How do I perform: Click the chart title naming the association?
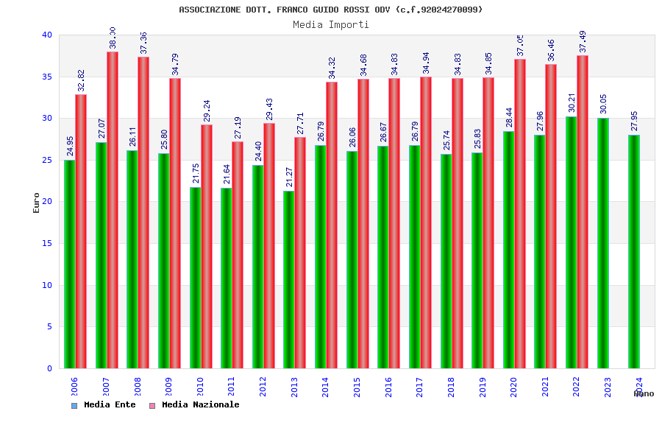331,10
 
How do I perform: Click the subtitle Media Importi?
331,24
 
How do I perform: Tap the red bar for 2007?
113,210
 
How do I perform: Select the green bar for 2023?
603,243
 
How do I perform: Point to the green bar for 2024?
634,251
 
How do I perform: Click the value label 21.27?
289,177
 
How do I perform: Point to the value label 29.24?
207,110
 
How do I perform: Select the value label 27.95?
635,122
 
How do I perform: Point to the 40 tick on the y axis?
47,35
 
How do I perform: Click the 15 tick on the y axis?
47,243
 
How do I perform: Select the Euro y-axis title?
37,203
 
